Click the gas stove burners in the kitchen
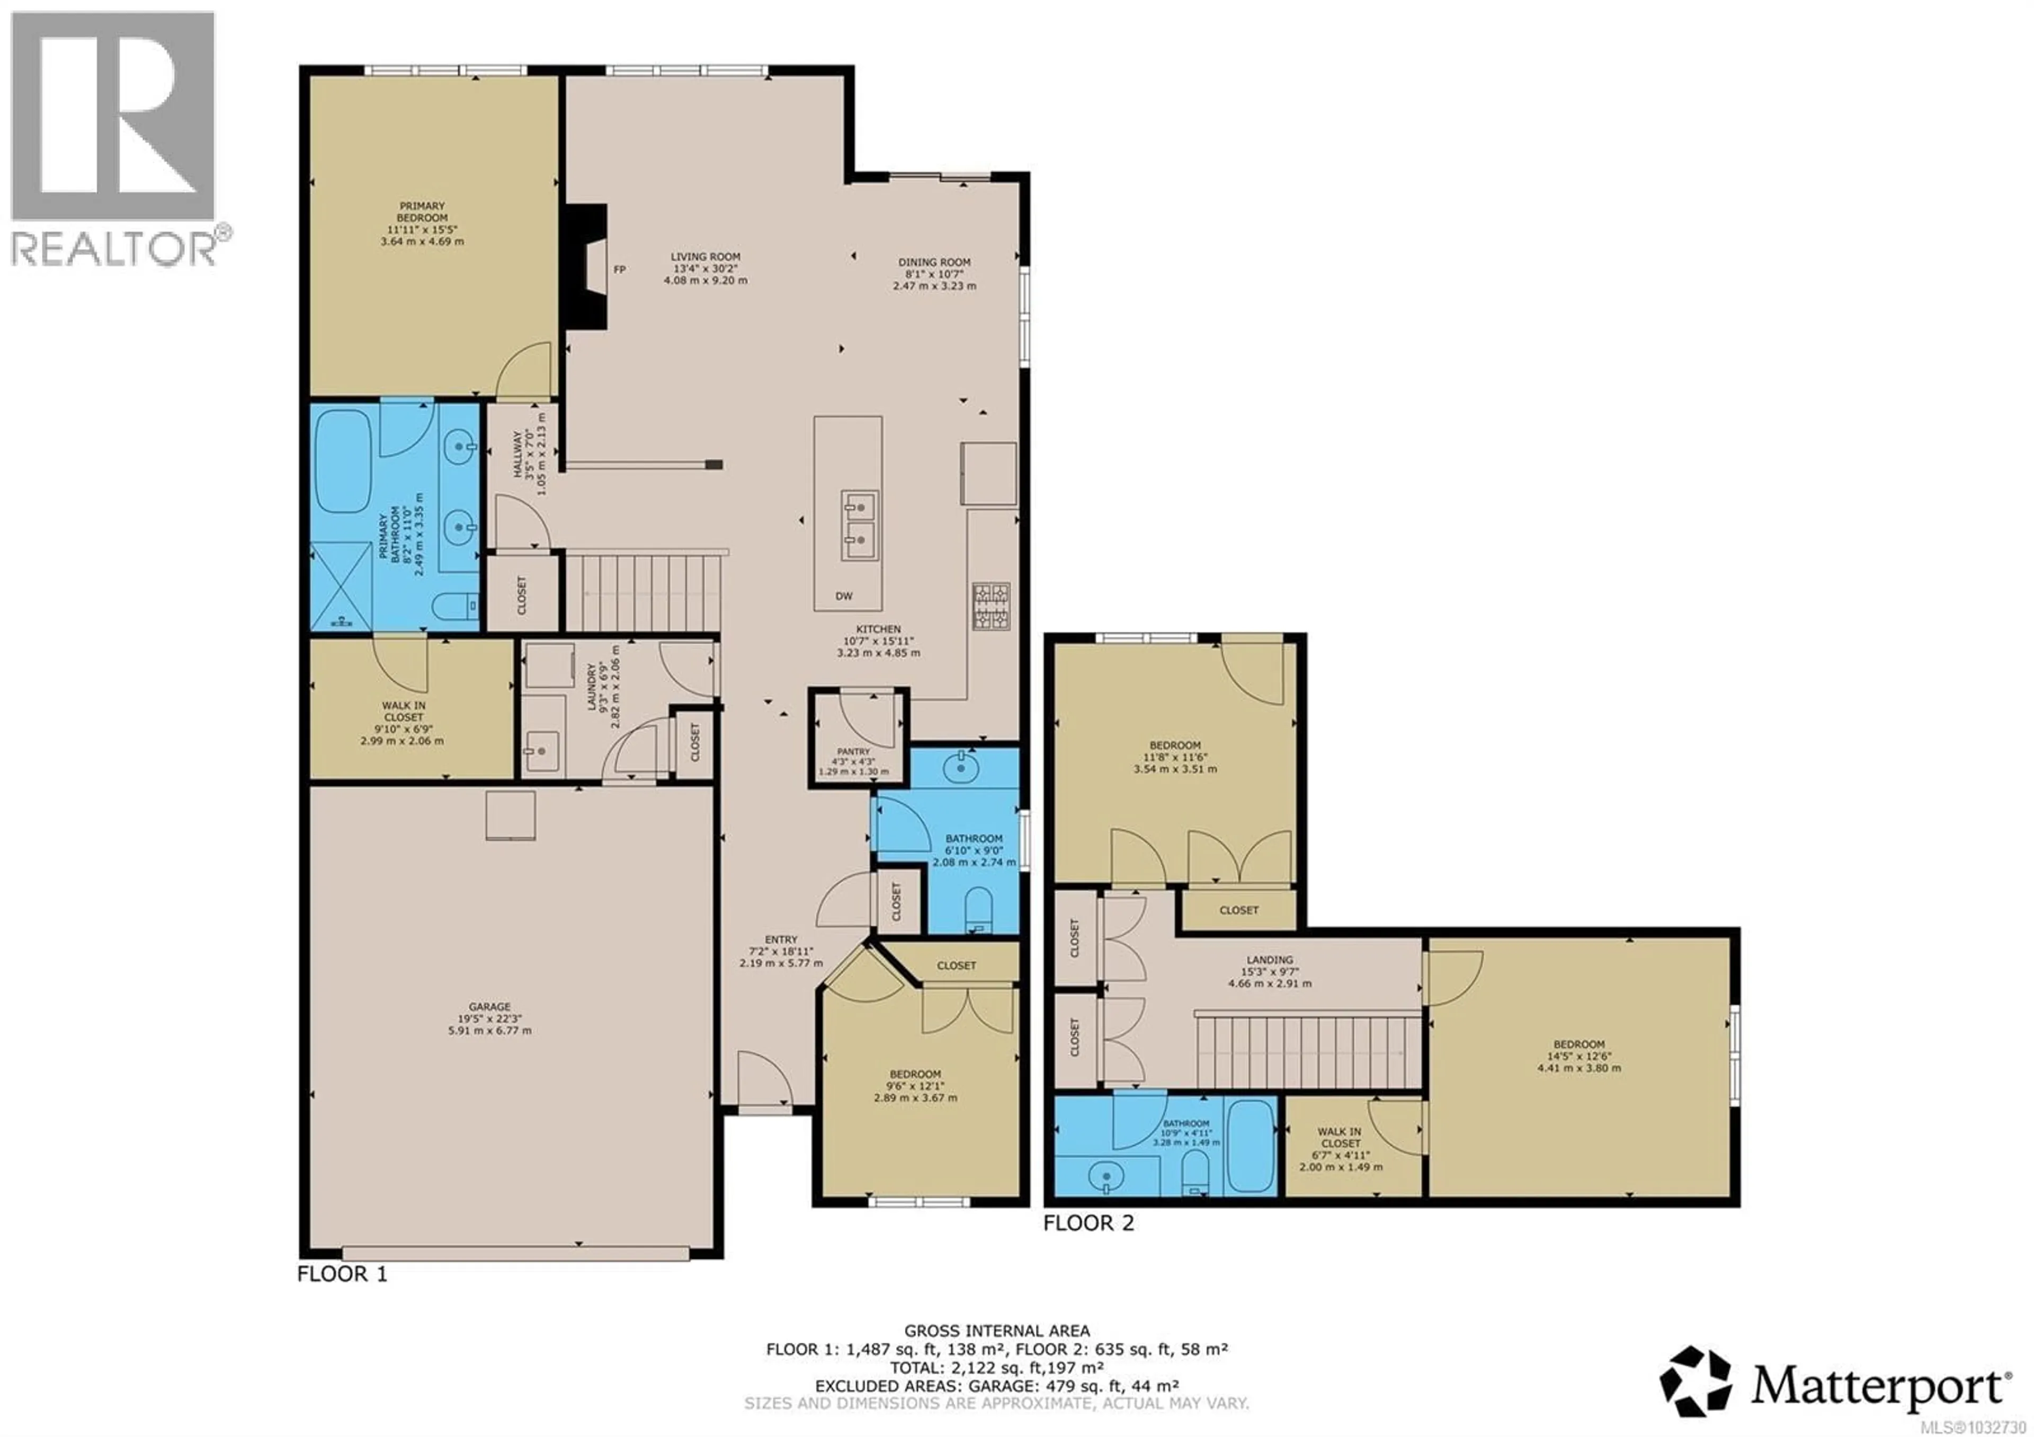point(991,606)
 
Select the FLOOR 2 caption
point(1088,1223)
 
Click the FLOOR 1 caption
point(342,1275)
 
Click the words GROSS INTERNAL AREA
point(997,1330)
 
